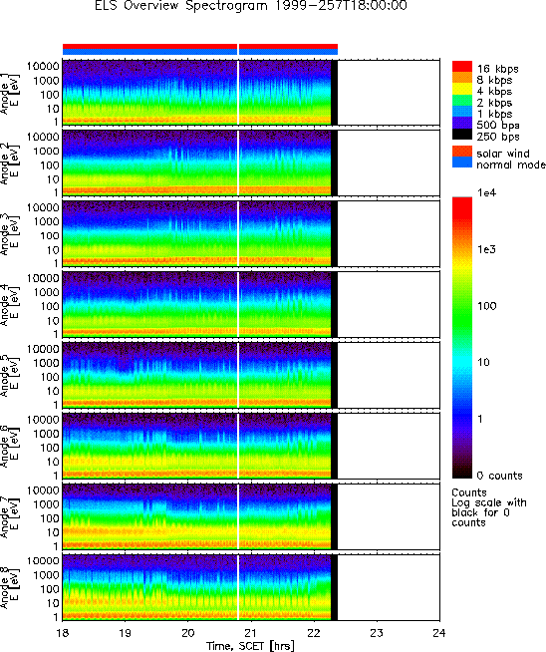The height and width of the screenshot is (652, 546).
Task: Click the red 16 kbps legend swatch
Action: (462, 67)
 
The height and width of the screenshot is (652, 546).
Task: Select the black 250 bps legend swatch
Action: (462, 135)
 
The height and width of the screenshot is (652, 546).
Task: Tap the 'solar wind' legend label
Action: (503, 154)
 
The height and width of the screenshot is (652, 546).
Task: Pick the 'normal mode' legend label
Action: (511, 164)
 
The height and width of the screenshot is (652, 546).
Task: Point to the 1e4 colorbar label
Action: (486, 192)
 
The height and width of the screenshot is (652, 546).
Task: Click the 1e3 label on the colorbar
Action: (486, 249)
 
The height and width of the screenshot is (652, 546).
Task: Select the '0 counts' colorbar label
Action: (499, 476)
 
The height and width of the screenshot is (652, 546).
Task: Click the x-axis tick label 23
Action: (377, 633)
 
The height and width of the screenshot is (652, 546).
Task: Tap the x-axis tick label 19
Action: (126, 633)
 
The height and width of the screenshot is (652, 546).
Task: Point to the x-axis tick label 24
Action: (439, 633)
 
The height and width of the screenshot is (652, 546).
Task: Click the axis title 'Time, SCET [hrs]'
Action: (250, 646)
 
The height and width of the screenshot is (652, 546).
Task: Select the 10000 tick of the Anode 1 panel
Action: (43, 66)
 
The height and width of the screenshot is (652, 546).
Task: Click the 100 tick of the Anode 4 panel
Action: (50, 306)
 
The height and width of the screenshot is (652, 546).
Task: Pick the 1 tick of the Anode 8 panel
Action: (56, 617)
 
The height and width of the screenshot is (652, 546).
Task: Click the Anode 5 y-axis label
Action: (9, 376)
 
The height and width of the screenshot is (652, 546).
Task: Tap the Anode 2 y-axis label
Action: (9, 163)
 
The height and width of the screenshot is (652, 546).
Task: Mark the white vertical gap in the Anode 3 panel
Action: (238, 233)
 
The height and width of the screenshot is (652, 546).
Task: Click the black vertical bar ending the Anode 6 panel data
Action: (334, 446)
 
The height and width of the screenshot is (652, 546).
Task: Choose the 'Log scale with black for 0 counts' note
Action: (489, 512)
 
